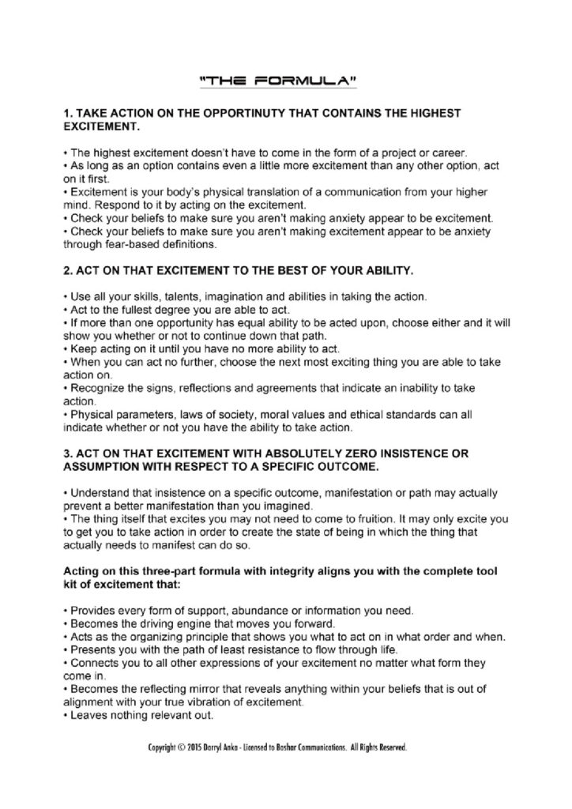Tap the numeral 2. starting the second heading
[66, 271]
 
